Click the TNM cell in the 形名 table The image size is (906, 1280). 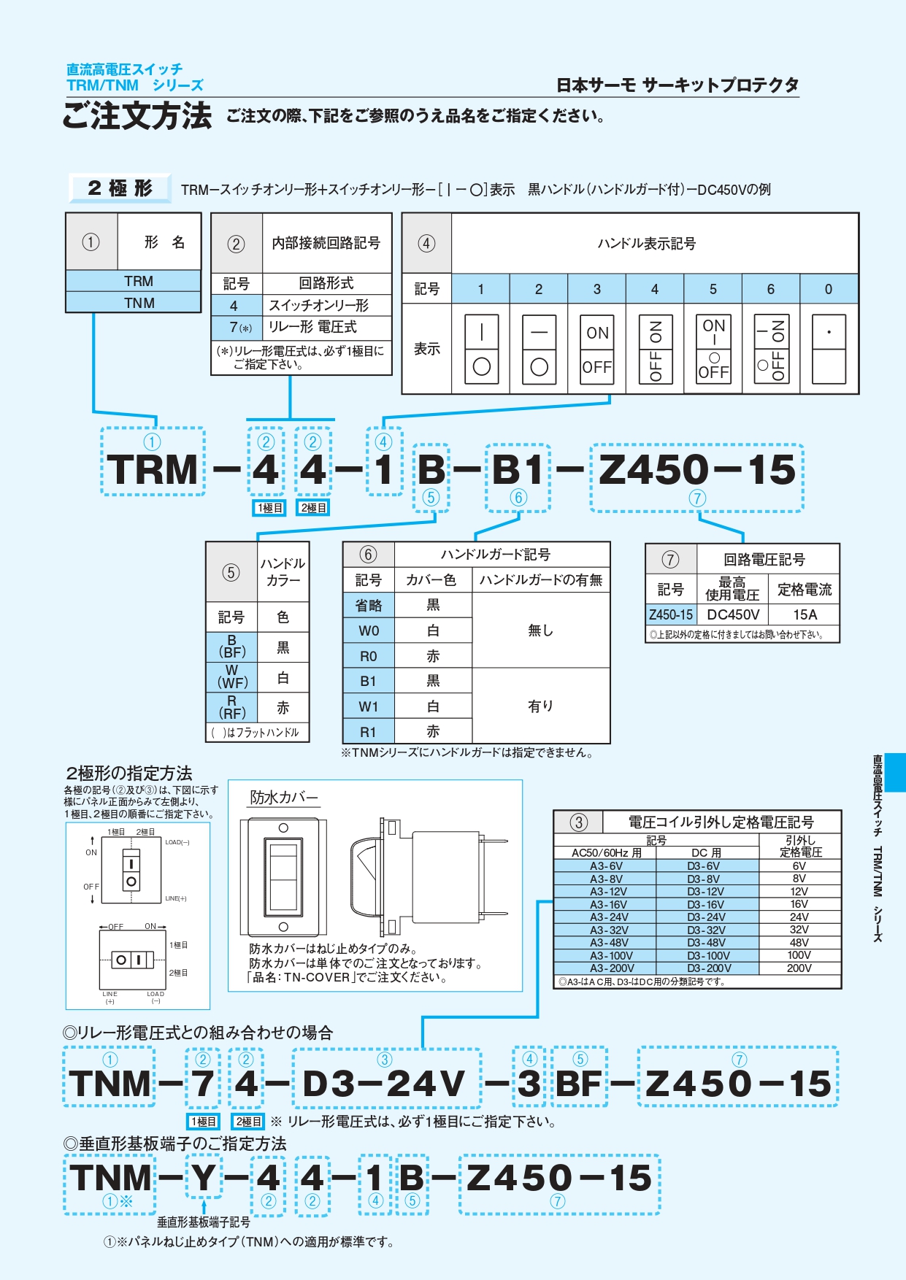click(x=139, y=303)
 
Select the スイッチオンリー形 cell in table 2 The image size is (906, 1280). click(x=319, y=306)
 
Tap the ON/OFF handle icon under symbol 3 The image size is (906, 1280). click(x=597, y=350)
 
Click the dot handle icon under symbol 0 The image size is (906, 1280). click(x=829, y=350)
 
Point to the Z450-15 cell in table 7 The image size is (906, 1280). click(x=671, y=614)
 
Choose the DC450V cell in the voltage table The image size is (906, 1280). click(x=733, y=614)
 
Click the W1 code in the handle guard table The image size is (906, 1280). click(x=369, y=706)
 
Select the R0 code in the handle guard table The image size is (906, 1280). click(x=369, y=656)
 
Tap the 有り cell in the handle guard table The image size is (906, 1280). click(x=540, y=706)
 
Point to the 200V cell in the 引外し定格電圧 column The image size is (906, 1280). click(x=799, y=968)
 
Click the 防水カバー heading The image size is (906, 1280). click(x=284, y=798)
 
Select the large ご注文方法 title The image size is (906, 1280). click(x=137, y=116)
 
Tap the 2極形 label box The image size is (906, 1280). click(x=120, y=188)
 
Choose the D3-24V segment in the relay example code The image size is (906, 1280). click(x=384, y=1083)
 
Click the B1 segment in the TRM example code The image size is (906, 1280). click(x=518, y=470)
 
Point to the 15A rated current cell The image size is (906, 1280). click(x=805, y=614)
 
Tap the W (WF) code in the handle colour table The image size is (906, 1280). click(x=232, y=676)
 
